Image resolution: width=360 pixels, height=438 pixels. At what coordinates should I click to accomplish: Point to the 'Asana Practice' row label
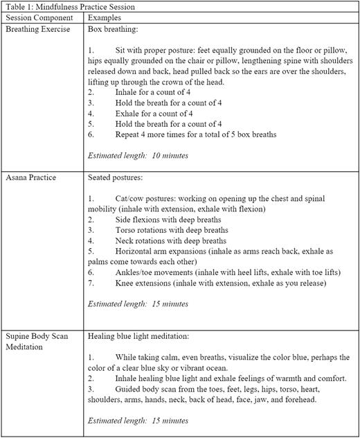[33, 177]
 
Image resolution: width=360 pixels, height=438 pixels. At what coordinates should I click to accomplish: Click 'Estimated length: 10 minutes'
[138, 155]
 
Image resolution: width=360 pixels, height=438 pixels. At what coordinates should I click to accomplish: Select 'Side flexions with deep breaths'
[169, 218]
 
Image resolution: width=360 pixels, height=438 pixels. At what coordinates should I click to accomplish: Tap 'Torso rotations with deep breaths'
[172, 229]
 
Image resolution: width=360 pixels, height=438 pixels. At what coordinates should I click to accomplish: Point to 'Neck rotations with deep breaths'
[171, 240]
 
